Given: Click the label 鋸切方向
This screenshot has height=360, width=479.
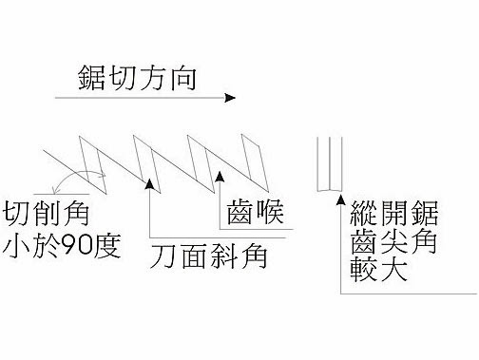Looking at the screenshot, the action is click(x=137, y=78).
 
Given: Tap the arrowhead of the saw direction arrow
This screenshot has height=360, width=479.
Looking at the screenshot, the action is click(x=230, y=98).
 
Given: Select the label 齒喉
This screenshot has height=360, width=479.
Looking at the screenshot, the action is click(x=255, y=212).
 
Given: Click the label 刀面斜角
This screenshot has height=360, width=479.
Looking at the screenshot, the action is click(x=209, y=256).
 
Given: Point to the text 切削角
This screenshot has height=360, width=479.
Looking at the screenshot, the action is click(x=46, y=215).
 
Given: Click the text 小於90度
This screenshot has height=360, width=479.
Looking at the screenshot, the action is click(x=62, y=246).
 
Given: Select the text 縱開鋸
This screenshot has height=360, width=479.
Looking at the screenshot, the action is click(x=394, y=213).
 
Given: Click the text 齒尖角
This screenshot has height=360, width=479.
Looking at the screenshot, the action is click(x=394, y=241).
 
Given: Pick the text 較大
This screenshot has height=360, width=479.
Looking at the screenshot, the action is click(x=378, y=269).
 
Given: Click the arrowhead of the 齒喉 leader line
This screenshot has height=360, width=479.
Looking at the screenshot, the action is click(x=220, y=177).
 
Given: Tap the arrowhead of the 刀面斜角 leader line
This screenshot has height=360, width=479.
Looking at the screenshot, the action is click(x=149, y=183).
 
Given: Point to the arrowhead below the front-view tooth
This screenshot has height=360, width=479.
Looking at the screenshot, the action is click(x=340, y=199).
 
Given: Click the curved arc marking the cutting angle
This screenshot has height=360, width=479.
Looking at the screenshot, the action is click(x=75, y=175).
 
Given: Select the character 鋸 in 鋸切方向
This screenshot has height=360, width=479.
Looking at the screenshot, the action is click(x=91, y=78).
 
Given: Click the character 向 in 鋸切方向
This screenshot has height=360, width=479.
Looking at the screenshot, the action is click(x=183, y=79).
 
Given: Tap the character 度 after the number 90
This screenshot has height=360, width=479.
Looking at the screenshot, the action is click(x=106, y=246).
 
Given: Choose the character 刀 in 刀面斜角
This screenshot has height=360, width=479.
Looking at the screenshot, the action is click(x=163, y=256).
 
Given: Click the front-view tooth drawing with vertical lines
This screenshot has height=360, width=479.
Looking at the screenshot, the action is click(x=330, y=164).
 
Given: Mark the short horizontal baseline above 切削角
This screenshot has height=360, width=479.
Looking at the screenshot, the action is click(x=61, y=194).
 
